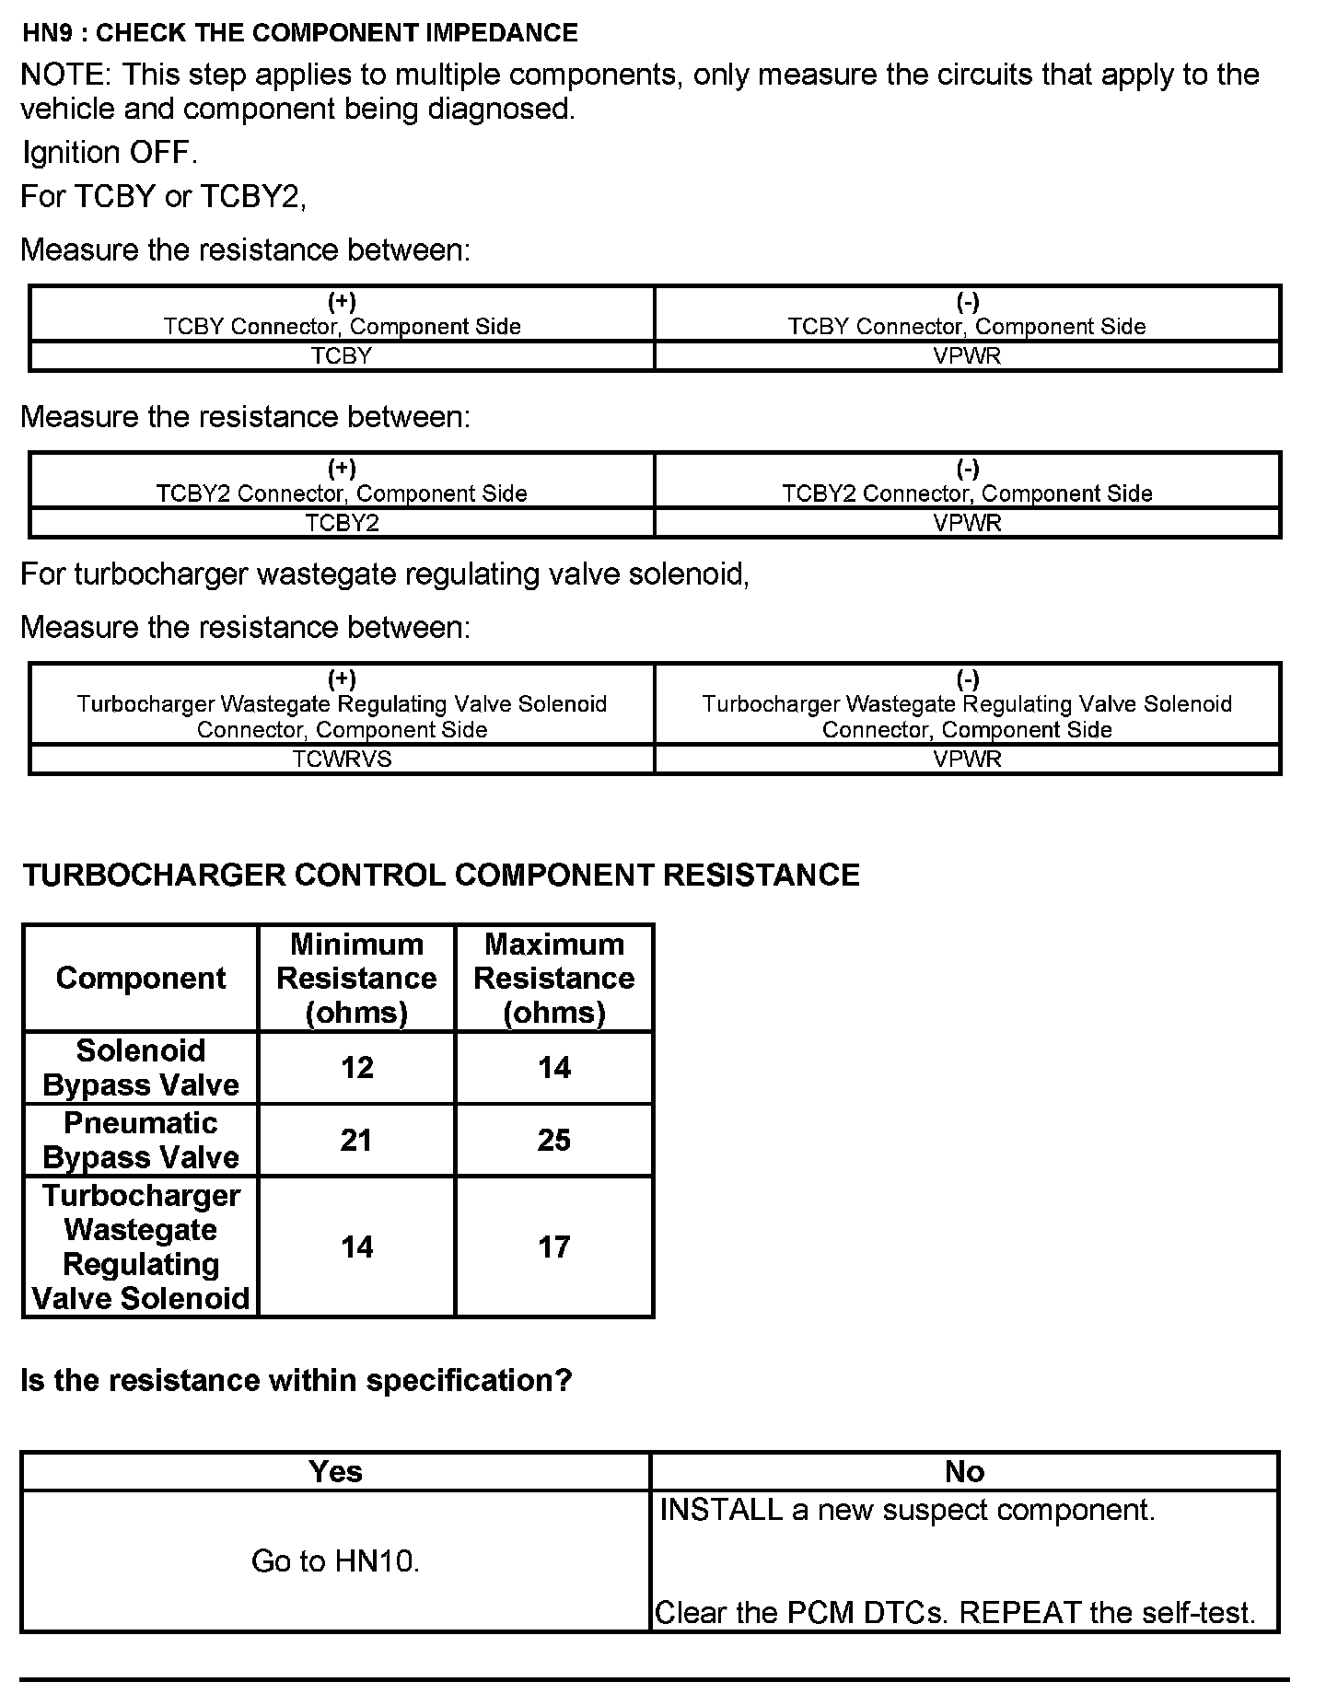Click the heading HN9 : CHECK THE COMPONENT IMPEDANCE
coord(300,33)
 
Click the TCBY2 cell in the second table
coord(342,523)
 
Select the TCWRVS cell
coord(342,759)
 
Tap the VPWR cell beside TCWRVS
coord(967,759)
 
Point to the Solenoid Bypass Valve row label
coord(141,1068)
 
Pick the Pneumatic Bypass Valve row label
coord(141,1140)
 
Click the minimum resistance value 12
coord(356,1068)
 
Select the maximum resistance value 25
coord(554,1140)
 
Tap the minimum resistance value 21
coord(356,1140)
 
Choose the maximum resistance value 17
coord(554,1247)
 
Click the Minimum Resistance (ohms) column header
coord(356,978)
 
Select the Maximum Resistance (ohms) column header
coord(554,978)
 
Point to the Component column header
coord(141,978)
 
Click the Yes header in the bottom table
coord(335,1471)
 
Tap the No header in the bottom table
coord(964,1471)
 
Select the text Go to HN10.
coord(335,1560)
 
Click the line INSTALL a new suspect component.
coord(907,1510)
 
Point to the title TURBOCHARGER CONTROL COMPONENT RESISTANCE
coord(441,875)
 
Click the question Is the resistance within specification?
coord(296,1380)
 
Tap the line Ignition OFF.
coord(110,153)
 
